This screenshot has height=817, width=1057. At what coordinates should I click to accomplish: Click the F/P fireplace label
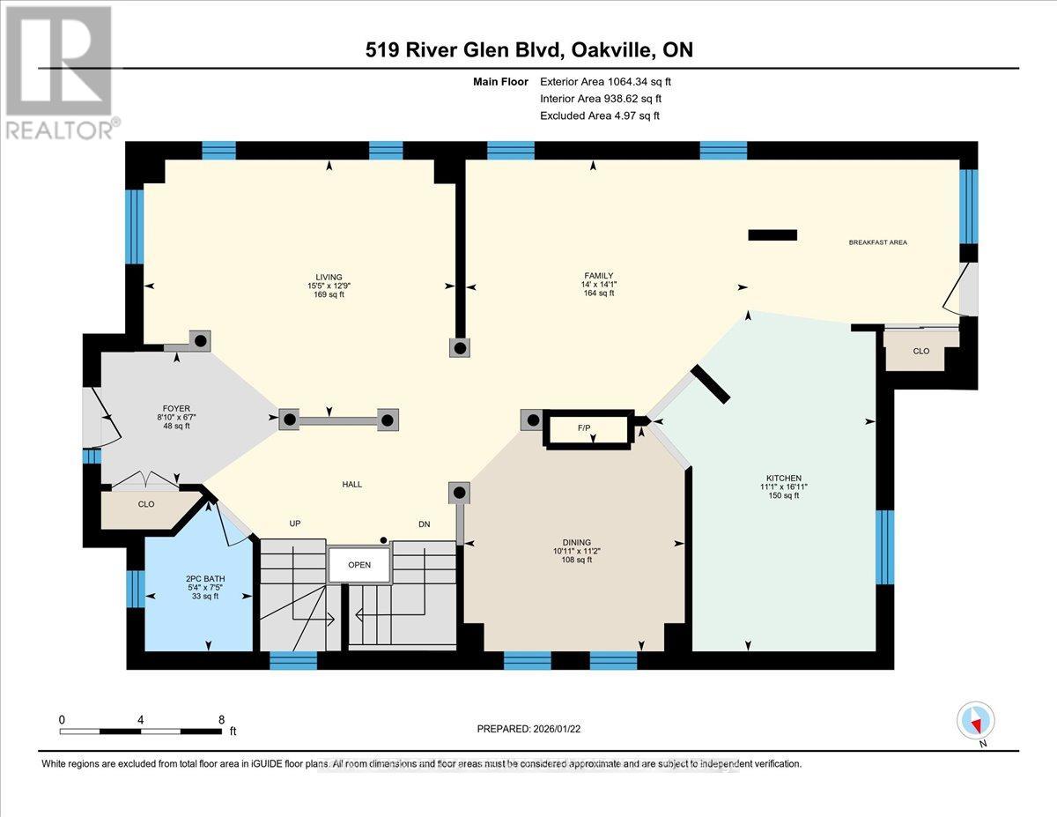pos(583,427)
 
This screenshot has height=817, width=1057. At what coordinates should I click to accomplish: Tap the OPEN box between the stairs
pos(359,565)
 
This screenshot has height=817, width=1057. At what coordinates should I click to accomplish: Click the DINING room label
pos(578,542)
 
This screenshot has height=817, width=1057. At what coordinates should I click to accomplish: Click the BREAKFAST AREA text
pos(877,242)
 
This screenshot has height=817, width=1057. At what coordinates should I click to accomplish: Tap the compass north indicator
pos(975,722)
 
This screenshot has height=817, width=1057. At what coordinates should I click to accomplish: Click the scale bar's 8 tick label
pos(222,719)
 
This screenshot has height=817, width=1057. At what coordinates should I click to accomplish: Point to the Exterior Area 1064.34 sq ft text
pos(611,82)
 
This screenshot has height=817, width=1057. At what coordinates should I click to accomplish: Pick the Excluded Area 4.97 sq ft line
pos(599,115)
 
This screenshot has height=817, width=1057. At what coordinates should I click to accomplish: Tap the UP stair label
pos(296,524)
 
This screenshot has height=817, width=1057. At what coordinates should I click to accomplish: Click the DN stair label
pos(424,524)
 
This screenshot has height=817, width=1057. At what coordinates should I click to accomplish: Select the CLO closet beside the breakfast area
pos(920,351)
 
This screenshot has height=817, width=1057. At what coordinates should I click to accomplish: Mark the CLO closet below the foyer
pos(146,504)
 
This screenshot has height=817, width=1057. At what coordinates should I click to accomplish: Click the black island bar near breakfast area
pos(772,234)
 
